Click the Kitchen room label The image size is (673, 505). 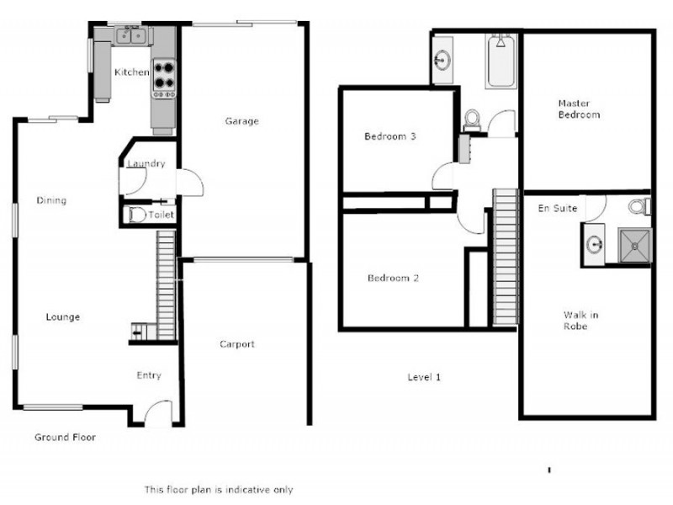[x=131, y=72]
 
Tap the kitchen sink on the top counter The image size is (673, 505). [x=130, y=35]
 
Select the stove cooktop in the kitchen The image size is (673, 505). [x=163, y=77]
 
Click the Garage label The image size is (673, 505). [x=241, y=121]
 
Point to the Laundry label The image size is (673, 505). [x=146, y=164]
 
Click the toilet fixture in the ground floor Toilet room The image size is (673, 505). [x=135, y=215]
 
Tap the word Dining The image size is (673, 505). [x=51, y=200]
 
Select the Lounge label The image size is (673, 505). [x=62, y=317]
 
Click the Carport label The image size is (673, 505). [x=236, y=344]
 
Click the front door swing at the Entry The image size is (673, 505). [x=157, y=413]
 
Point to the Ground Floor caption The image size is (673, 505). [x=65, y=438]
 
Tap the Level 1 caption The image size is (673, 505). [x=424, y=377]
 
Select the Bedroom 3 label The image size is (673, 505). [x=389, y=136]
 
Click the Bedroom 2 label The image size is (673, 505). [x=393, y=279]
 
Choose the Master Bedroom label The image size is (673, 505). [x=579, y=109]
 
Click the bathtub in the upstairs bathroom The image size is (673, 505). [x=501, y=61]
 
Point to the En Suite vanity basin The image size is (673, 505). [x=595, y=245]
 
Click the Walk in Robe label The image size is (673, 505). [x=580, y=321]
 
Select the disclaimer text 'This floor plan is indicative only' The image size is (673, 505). [x=219, y=489]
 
